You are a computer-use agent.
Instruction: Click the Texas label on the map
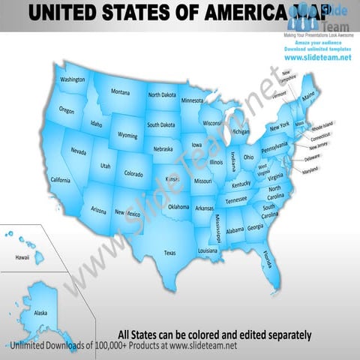pos(169,253)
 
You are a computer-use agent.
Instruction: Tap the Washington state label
pos(72,79)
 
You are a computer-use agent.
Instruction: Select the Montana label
pos(120,92)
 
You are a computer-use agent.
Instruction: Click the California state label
pos(60,180)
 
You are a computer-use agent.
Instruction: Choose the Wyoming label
pos(127,136)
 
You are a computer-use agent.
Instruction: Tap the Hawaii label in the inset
pos(22,257)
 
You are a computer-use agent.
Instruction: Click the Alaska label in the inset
pos(40,313)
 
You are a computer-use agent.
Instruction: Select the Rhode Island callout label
pos(322,127)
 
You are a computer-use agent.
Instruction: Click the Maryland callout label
pos(310,171)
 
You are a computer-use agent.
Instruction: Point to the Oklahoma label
pos(178,207)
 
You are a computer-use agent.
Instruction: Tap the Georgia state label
pos(255,227)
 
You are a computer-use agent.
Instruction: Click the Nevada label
pos(78,151)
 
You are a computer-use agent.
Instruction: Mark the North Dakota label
pos(162,95)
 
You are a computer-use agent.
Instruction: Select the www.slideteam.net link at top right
pos(317,58)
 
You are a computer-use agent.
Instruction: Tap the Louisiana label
pos(208,250)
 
